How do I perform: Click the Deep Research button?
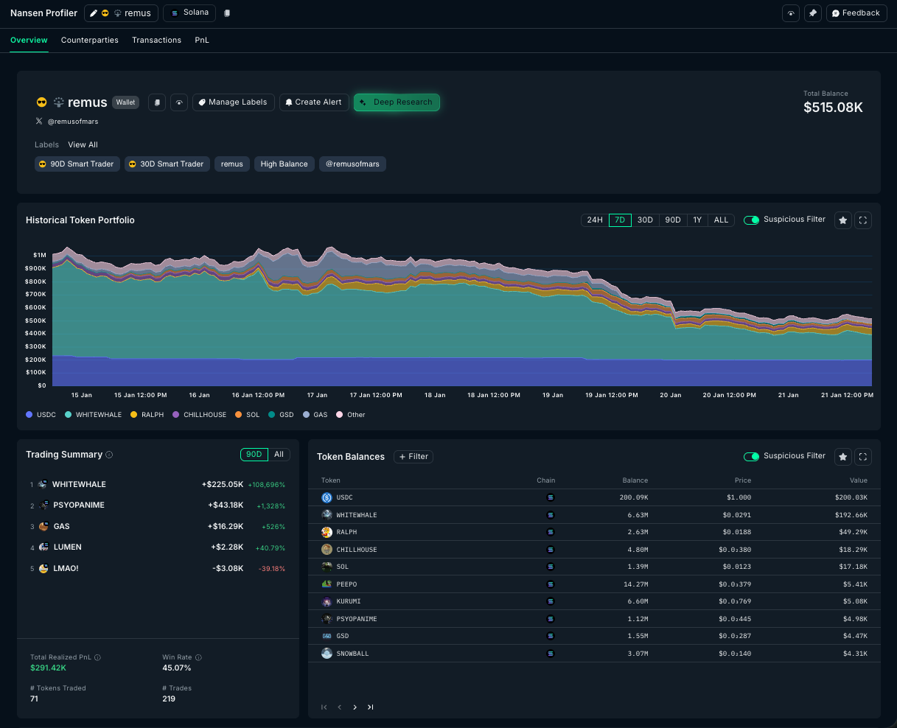click(397, 102)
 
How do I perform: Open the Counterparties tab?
click(90, 40)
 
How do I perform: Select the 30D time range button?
click(645, 220)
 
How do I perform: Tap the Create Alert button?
click(314, 102)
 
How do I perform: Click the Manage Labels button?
click(234, 102)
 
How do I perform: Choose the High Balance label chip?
click(285, 164)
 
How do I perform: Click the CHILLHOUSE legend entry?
click(200, 415)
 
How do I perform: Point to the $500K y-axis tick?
click(36, 321)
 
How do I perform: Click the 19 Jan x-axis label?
click(553, 395)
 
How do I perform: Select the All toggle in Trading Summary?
click(279, 455)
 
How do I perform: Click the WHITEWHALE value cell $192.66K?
click(851, 515)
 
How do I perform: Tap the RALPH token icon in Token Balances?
click(327, 532)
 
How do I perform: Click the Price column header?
click(743, 480)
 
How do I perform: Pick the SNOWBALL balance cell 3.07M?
click(638, 654)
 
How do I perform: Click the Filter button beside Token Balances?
click(413, 456)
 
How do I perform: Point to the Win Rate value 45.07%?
click(177, 668)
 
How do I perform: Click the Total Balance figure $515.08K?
click(833, 108)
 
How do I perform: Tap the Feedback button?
click(857, 13)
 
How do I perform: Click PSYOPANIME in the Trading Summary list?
click(79, 505)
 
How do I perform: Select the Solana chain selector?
click(189, 13)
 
